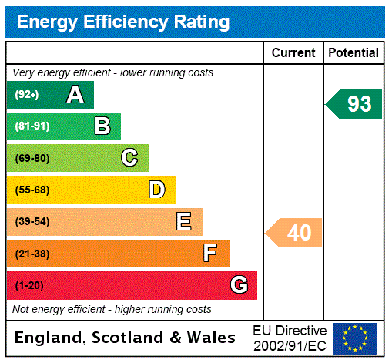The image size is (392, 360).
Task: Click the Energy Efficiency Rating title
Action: point(122,22)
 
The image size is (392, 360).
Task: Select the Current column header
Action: point(293,53)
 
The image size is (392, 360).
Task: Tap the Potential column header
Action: point(353,53)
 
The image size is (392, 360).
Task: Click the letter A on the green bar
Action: point(75,95)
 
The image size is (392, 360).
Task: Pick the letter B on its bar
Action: point(102,126)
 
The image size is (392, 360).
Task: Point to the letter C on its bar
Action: point(129,158)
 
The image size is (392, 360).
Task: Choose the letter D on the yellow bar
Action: point(156,190)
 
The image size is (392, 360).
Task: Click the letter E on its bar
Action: point(184,222)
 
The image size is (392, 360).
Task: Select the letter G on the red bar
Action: point(239,285)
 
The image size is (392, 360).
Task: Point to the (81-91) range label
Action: point(32,126)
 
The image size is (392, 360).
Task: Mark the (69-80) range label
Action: point(32,158)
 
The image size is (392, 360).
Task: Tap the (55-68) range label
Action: point(32,190)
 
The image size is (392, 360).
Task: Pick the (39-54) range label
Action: point(32,222)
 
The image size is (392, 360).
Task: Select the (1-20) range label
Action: point(29,285)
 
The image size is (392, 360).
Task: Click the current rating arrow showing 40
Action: point(295,232)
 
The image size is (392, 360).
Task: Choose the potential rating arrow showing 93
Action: point(355,104)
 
